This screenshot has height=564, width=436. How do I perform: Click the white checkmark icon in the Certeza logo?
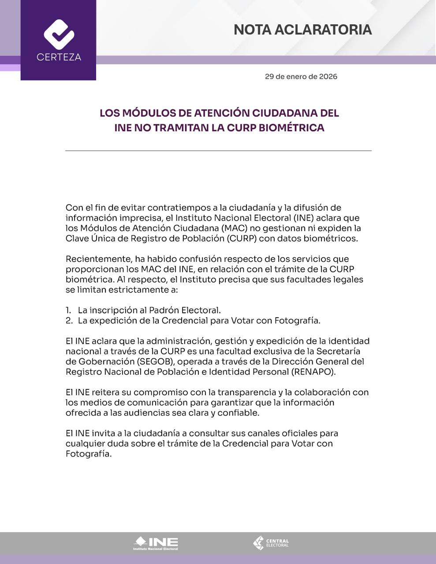tap(59, 34)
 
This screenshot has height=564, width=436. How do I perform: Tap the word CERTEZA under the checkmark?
tap(59, 57)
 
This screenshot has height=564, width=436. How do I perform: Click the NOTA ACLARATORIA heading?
tap(302, 30)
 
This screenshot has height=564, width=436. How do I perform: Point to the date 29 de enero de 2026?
tap(301, 77)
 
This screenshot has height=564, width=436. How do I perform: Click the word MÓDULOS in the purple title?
tap(148, 113)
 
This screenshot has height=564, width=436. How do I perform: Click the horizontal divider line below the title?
tap(218, 151)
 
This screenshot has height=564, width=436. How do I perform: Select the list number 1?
tap(68, 310)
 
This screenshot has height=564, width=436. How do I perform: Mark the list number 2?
tap(68, 321)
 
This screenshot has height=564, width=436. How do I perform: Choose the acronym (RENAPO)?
tap(313, 372)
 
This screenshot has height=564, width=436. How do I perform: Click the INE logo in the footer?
tap(156, 543)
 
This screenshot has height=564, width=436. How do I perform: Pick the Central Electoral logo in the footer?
tap(271, 543)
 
